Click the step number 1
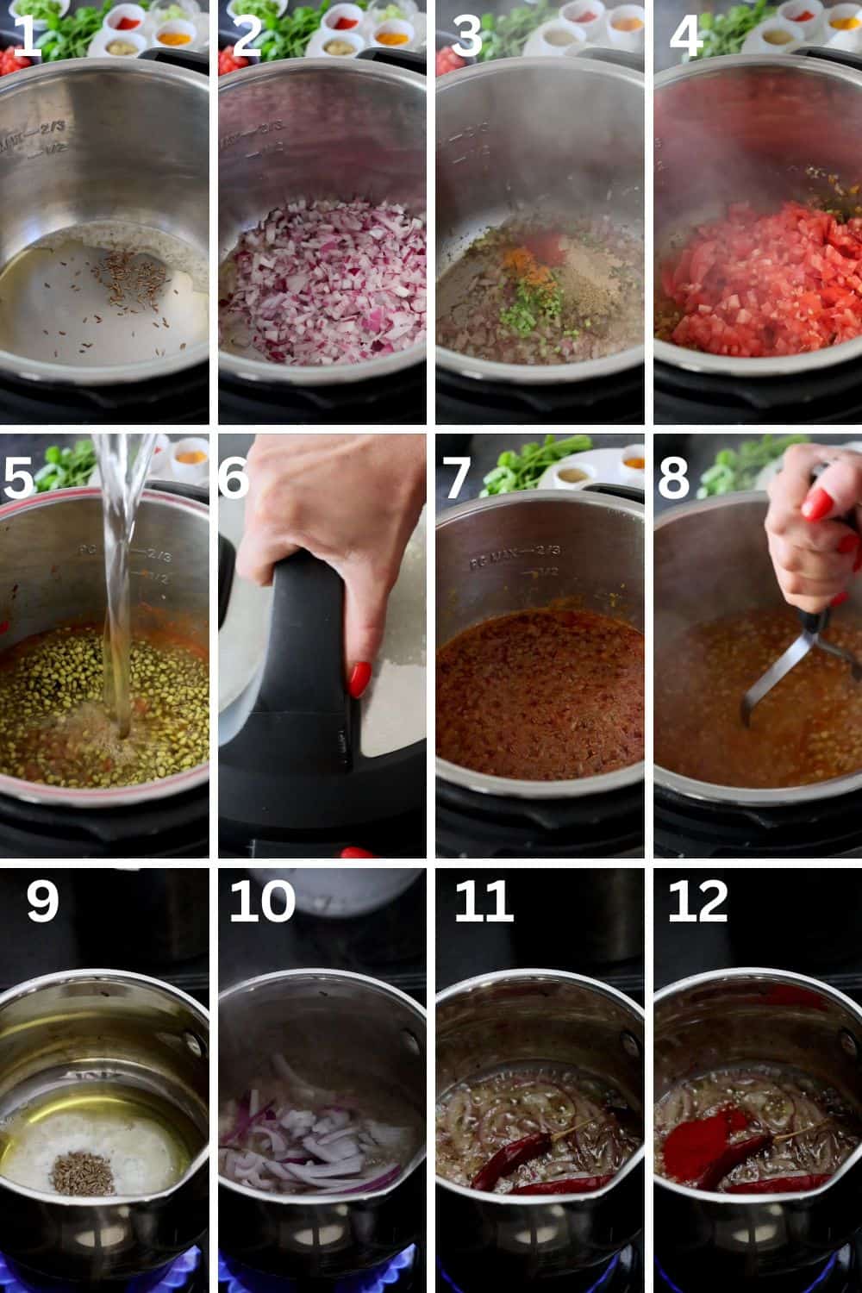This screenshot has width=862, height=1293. pyautogui.click(x=26, y=39)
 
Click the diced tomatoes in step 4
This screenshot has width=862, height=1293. pyautogui.click(x=750, y=276)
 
